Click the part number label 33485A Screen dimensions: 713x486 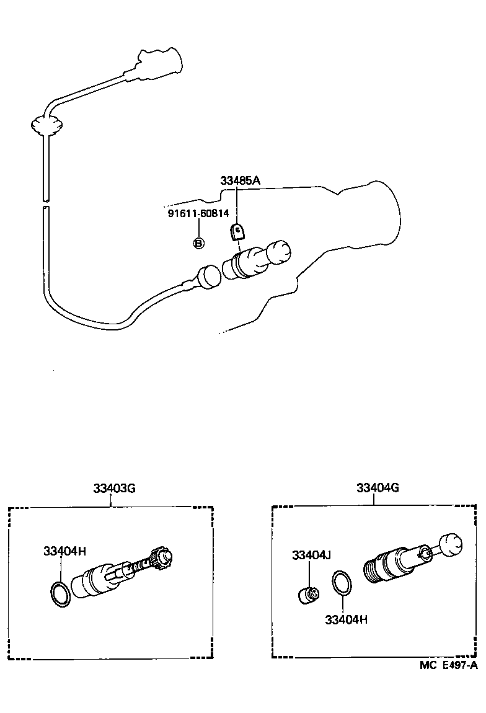(240, 180)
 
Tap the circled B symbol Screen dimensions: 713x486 (198, 243)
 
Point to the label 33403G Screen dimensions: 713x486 (114, 488)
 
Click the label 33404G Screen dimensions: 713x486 (377, 488)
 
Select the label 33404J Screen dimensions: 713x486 (312, 555)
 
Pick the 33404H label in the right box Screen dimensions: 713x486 (346, 619)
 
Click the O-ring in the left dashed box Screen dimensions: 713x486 (60, 593)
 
